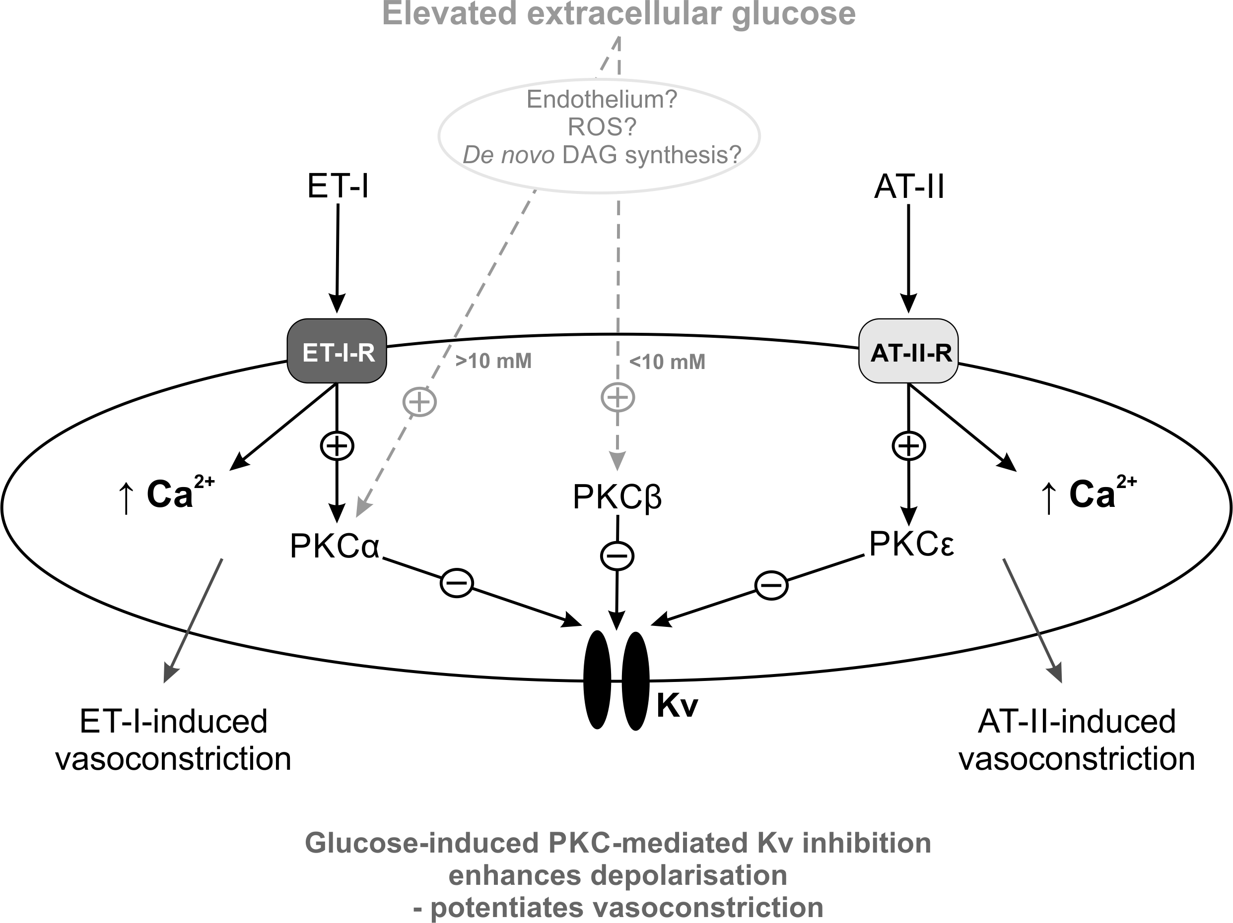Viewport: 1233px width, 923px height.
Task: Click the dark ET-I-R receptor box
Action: point(337,351)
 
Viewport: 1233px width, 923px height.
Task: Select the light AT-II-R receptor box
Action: point(908,351)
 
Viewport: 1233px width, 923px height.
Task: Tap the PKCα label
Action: point(335,546)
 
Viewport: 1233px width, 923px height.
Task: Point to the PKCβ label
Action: point(617,497)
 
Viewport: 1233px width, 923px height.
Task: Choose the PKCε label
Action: point(911,544)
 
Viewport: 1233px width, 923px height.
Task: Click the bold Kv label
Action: point(677,706)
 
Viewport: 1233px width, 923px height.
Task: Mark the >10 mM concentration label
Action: point(493,361)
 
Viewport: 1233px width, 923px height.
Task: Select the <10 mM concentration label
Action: point(667,362)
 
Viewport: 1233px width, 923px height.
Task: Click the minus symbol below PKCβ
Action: point(617,555)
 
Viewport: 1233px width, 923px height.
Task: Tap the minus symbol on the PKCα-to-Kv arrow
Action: point(457,583)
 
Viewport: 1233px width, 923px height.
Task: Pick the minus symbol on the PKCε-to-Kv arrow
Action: point(771,585)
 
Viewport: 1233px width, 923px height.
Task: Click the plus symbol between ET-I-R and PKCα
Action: point(337,445)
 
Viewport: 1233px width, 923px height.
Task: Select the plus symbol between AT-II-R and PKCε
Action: point(908,445)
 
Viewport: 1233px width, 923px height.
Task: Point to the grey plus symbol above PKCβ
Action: point(617,397)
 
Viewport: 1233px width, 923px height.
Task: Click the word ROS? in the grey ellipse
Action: point(602,127)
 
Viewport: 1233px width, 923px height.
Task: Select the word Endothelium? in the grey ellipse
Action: point(602,100)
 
